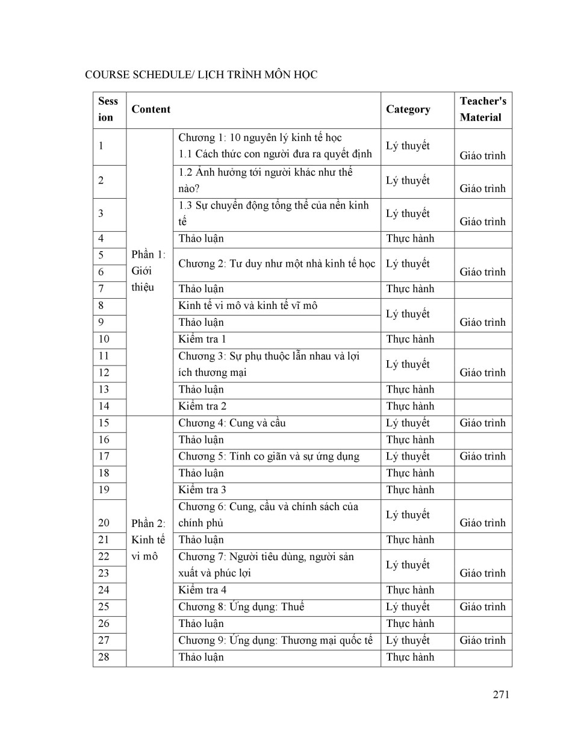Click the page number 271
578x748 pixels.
501,694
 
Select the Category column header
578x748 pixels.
408,110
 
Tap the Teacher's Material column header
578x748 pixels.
482,110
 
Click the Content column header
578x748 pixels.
151,110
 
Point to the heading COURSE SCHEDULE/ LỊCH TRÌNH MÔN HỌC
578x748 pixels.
201,75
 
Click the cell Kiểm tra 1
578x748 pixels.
202,339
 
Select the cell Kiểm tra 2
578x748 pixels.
202,406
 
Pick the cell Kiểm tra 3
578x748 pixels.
202,490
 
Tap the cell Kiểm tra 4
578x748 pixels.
202,590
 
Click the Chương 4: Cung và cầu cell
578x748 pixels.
232,423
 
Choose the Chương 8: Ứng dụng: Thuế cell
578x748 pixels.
241,606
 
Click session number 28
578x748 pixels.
104,657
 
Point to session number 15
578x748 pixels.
104,423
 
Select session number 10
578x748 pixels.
104,339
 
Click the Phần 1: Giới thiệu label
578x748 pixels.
148,271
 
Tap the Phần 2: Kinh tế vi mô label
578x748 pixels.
148,540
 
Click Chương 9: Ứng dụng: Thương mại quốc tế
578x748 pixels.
275,640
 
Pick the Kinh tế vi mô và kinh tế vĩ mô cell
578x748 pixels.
247,305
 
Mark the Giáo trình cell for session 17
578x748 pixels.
482,457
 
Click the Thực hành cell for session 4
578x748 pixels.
410,238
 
